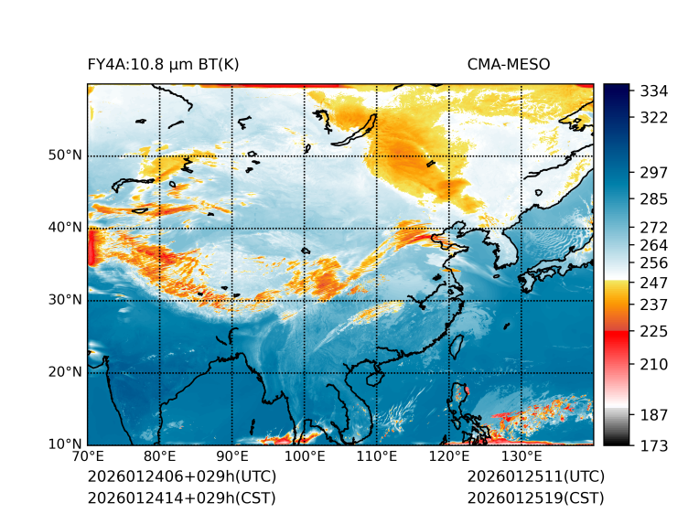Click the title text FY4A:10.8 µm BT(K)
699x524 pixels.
(164, 64)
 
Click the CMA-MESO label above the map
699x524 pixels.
(509, 64)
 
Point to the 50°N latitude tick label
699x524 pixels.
(65, 155)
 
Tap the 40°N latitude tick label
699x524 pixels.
(65, 228)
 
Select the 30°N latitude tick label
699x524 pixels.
(65, 300)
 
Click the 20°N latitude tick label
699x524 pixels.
(65, 372)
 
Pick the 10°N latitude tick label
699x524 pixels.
(65, 444)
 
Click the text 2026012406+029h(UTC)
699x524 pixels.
(181, 476)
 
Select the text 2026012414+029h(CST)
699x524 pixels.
(181, 497)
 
